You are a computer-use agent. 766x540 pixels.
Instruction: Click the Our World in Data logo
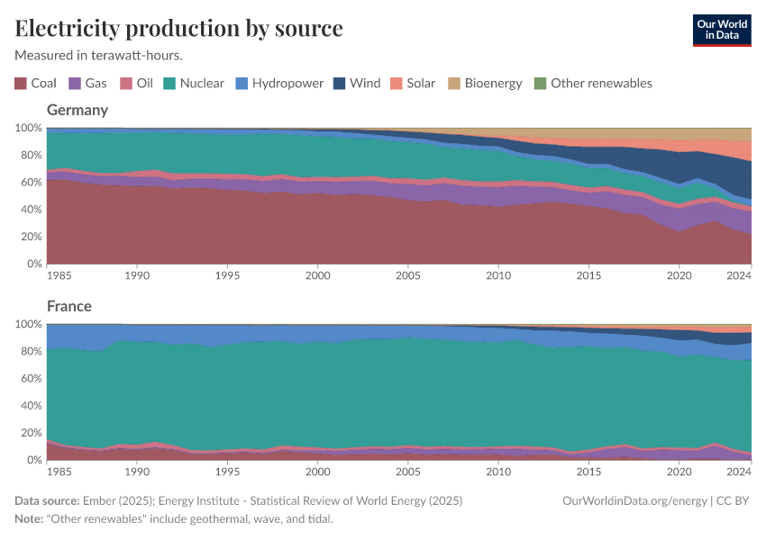coord(721,30)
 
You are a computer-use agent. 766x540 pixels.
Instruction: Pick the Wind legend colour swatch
coord(339,83)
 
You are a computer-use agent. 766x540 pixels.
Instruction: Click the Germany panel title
coord(78,110)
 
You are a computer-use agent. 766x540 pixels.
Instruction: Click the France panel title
coord(69,306)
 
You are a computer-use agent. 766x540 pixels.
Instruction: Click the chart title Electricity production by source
coord(178,28)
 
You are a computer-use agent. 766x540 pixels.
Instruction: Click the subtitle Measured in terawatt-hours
coord(99,55)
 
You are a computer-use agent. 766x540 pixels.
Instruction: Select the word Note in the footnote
coord(30,519)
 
